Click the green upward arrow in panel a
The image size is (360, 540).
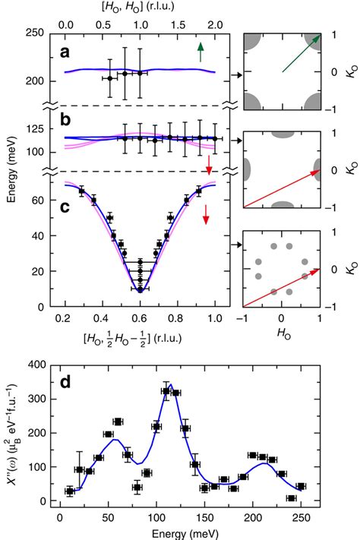click(x=201, y=52)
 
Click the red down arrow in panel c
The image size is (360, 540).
click(x=205, y=219)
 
